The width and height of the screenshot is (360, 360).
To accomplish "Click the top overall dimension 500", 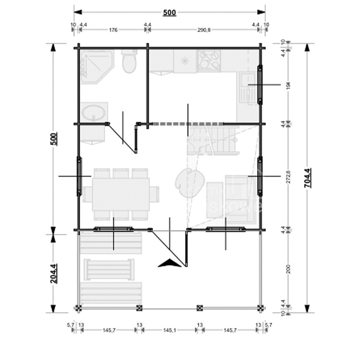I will pos(169,12).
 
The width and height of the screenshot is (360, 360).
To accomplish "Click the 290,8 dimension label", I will pos(204,30).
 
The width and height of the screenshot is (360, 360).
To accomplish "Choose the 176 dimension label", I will pos(113,30).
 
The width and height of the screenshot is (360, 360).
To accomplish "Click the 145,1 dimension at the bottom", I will pos(168,330).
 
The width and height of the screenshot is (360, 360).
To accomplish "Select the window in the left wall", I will pos(78,177).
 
